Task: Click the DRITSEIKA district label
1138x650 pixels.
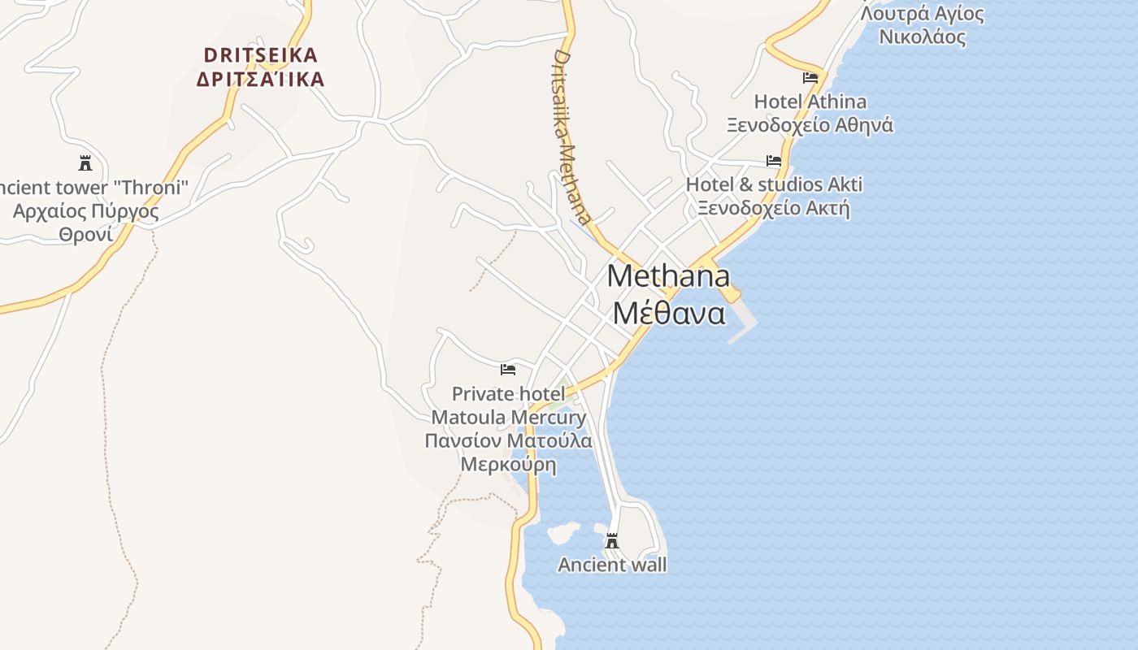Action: coord(260,55)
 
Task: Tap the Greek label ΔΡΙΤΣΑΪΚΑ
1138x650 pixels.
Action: coord(260,80)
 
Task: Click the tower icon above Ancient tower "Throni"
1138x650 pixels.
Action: coord(85,163)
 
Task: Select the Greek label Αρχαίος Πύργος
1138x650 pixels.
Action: coord(85,212)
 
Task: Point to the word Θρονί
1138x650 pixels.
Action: coord(85,235)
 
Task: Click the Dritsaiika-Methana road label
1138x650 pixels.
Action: coord(571,136)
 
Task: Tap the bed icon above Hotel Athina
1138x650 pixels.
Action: coord(810,78)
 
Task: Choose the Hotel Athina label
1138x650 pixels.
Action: coord(810,102)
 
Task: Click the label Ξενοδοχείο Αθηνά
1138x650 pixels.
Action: coord(810,125)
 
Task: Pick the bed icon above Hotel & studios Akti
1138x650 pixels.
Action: coord(774,161)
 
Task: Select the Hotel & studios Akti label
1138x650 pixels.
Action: coord(774,184)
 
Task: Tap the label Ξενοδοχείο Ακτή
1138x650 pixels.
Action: coord(774,208)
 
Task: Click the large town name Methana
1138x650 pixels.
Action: coord(668,276)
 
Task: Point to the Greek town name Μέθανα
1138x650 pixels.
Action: coord(668,313)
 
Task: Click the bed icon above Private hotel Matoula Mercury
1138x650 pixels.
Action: coord(508,370)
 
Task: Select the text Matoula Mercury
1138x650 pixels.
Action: coord(508,418)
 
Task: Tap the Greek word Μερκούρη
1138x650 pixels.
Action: coord(508,465)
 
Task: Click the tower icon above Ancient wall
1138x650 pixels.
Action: coord(612,541)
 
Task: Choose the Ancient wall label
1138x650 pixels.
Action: coord(612,565)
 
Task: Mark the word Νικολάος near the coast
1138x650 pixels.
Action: coord(923,37)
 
